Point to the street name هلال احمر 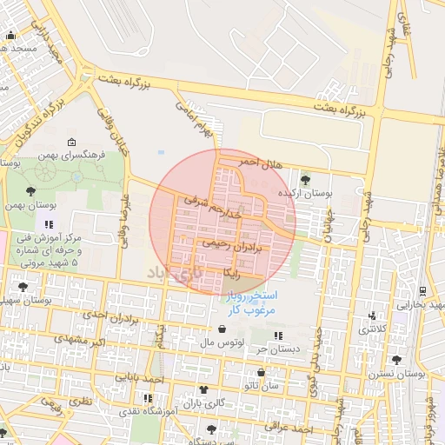click(x=260, y=163)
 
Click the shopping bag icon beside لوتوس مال click(x=225, y=329)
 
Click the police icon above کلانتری click(x=374, y=315)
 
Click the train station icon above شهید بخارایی click(x=422, y=290)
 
